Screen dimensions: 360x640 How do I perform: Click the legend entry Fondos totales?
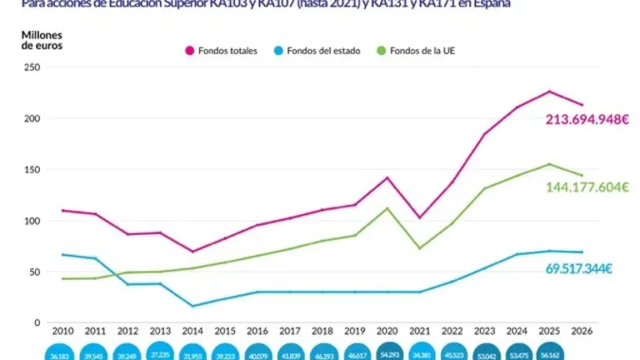click(221, 51)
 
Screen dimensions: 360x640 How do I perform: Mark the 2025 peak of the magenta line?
click(550, 92)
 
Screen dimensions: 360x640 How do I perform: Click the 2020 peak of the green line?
click(388, 208)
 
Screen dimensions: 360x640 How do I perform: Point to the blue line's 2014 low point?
click(193, 306)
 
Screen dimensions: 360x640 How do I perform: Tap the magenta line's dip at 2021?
click(420, 217)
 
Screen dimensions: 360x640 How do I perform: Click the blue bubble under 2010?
click(63, 353)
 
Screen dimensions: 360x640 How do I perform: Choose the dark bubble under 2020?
click(388, 353)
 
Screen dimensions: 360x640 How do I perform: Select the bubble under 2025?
click(550, 353)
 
